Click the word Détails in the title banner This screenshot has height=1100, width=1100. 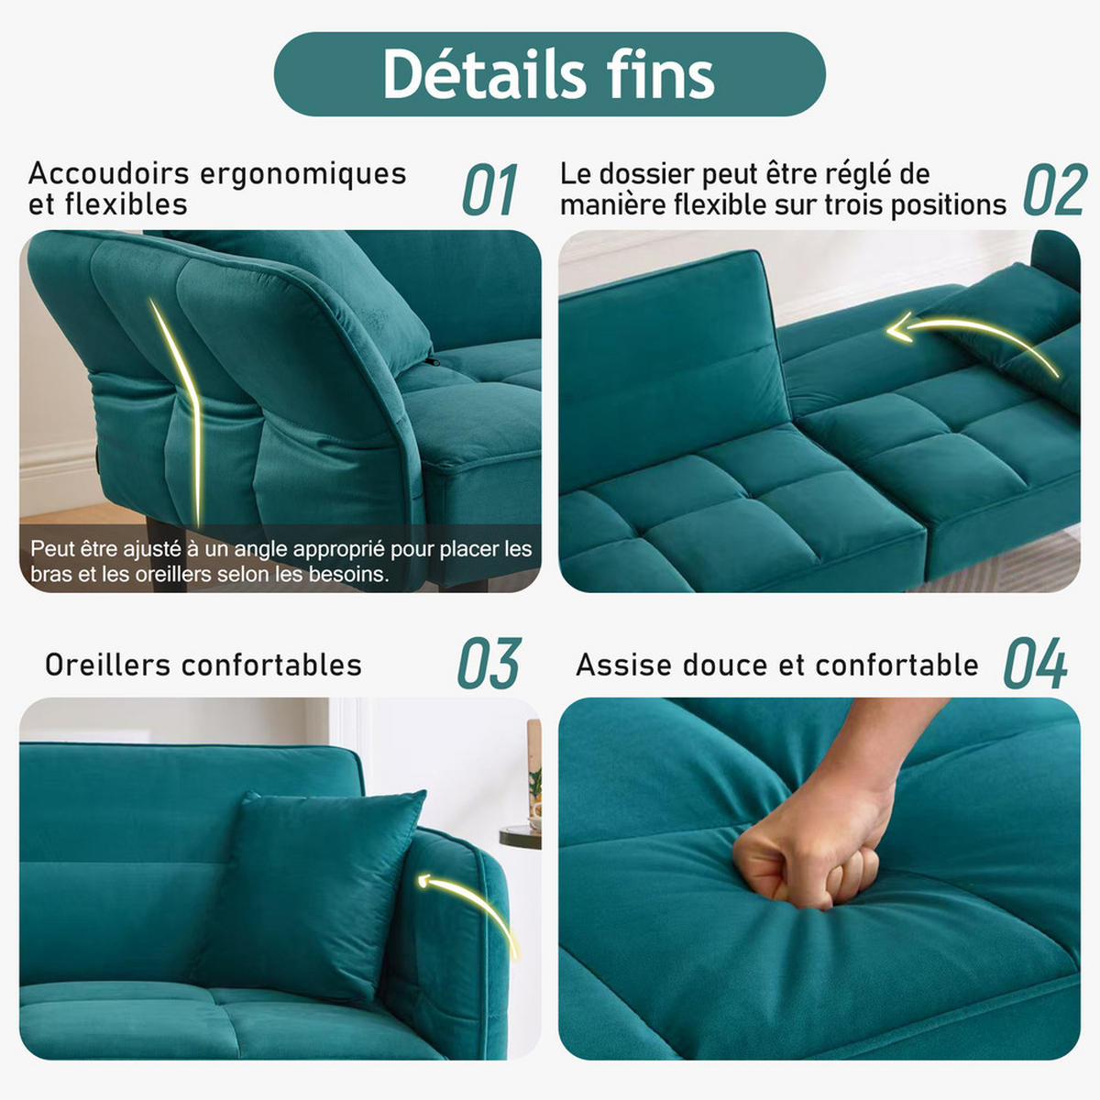point(484,74)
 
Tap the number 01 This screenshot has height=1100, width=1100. point(489,190)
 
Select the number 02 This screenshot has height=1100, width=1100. point(1054,190)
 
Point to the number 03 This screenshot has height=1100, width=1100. point(489,663)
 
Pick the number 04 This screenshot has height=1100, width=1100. point(1036,663)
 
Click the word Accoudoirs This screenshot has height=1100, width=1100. point(108,173)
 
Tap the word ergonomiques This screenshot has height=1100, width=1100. point(303,175)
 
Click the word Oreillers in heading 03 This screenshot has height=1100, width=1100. point(108,665)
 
